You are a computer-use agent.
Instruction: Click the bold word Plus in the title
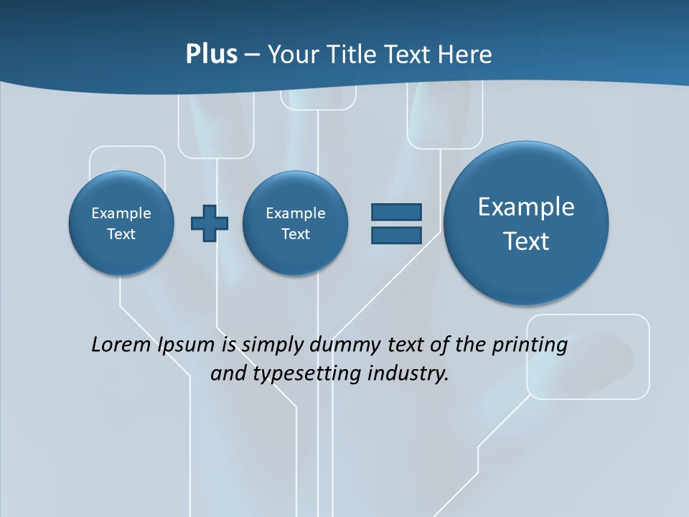tap(211, 55)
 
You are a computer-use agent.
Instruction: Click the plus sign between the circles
tap(210, 223)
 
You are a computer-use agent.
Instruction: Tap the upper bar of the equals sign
tap(396, 212)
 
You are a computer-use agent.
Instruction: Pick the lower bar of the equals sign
tap(396, 235)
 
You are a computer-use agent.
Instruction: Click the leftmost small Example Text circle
tap(121, 223)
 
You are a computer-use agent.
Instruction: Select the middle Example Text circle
tap(296, 223)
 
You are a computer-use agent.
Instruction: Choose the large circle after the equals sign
tap(526, 223)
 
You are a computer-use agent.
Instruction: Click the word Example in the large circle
tap(526, 207)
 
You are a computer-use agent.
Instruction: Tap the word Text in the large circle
tap(526, 241)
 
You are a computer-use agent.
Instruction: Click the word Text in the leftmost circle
tap(121, 234)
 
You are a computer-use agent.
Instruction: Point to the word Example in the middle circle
tap(296, 213)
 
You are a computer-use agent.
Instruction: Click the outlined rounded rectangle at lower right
tap(588, 356)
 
